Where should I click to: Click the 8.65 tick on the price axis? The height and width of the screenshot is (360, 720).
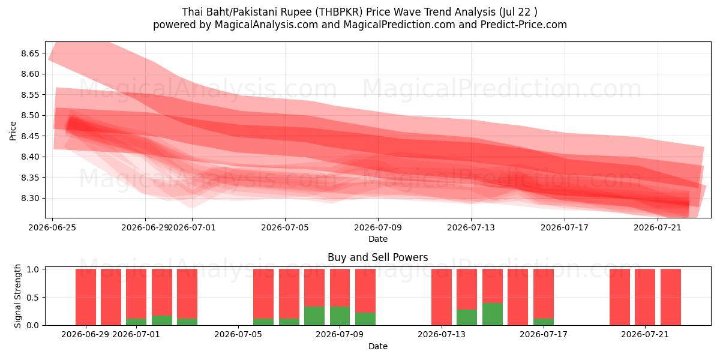tap(30, 53)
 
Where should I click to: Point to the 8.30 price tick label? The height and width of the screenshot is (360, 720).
tap(30, 199)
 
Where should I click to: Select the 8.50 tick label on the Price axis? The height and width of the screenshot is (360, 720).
tap(30, 115)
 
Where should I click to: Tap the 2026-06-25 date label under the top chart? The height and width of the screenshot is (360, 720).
tap(52, 227)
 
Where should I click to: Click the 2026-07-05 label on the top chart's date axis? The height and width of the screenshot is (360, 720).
tap(285, 227)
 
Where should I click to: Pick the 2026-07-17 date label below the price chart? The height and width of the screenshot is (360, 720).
tap(565, 227)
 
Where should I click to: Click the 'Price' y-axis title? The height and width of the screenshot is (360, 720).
tap(13, 131)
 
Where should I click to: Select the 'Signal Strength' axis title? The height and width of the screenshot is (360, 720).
tap(17, 296)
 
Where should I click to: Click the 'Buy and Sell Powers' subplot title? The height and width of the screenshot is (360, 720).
tap(377, 257)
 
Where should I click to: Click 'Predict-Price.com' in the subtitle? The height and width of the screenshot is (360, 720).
tap(524, 25)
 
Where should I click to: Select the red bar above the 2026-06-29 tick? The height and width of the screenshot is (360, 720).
tap(86, 297)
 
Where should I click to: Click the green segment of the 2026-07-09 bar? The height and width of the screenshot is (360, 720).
tap(340, 316)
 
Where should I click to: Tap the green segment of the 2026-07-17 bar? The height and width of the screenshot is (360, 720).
tap(544, 322)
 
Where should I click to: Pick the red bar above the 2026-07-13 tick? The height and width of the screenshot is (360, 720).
tap(442, 297)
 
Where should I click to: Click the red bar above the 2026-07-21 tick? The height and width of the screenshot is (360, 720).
tap(645, 297)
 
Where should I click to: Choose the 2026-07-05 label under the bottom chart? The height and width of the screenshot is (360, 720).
tap(238, 335)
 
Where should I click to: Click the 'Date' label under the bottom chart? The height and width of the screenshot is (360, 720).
tap(377, 346)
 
